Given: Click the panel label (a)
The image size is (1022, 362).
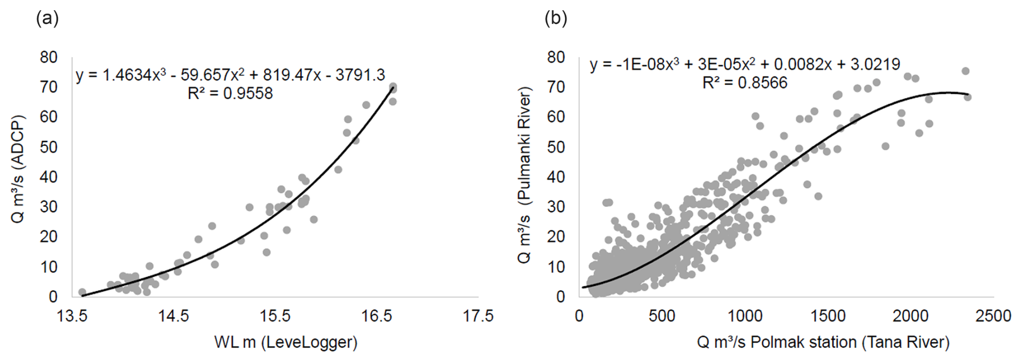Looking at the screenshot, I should [47, 19].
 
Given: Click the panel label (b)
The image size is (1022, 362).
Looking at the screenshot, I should [556, 19].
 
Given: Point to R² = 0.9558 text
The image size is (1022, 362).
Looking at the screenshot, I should [230, 93].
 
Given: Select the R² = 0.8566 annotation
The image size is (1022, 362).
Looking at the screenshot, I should [744, 83].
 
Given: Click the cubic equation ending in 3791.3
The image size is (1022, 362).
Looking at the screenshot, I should [230, 75].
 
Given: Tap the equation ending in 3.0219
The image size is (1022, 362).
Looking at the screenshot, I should [744, 65].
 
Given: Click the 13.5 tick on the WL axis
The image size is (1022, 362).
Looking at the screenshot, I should [72, 316].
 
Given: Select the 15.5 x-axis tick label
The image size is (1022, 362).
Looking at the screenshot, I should [275, 316].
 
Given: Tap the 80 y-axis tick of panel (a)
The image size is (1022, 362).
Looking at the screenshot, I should [49, 57].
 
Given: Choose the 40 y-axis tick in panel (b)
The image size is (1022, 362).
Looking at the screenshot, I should [556, 177].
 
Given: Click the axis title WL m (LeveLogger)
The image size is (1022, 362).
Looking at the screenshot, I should [286, 342].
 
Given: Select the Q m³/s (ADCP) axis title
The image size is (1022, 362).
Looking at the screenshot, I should [18, 169].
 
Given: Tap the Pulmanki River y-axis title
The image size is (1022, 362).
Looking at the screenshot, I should [524, 175].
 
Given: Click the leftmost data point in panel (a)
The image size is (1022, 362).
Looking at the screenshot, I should [82, 292].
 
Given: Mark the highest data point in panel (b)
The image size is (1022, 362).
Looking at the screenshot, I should [965, 71].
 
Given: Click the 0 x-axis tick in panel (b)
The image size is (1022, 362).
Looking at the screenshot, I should [580, 316].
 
